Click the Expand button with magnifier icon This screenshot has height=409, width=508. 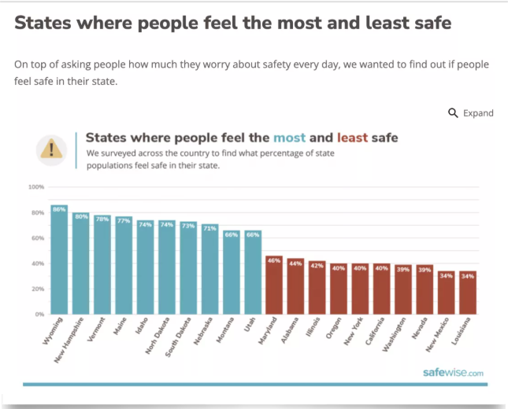471,113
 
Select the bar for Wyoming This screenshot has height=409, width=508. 59,260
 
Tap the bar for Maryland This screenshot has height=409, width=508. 273,285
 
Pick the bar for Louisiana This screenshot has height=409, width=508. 468,293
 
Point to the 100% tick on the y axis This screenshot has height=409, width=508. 36,187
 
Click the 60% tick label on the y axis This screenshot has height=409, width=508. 37,238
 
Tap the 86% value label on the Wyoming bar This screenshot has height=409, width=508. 59,209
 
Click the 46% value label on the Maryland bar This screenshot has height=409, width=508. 273,260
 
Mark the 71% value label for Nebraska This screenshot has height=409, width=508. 210,228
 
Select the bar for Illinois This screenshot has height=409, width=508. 317,287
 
